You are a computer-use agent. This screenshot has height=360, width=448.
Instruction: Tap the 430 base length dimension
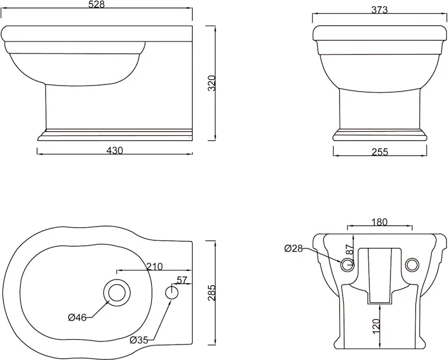click(115, 151)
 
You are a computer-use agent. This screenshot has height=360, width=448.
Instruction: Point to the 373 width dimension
click(380, 10)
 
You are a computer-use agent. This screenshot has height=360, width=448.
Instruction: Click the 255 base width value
click(380, 152)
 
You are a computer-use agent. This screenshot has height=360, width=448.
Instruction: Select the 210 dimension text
click(155, 266)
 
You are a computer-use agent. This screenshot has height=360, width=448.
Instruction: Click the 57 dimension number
click(182, 280)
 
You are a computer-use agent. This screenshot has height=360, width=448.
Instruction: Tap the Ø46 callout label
click(78, 317)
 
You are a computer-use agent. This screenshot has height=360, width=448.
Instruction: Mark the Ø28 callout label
click(293, 248)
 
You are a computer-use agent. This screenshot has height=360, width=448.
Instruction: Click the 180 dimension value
click(380, 222)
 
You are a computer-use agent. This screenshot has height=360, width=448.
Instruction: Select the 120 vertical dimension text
click(377, 326)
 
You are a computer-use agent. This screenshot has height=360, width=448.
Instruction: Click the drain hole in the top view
click(117, 293)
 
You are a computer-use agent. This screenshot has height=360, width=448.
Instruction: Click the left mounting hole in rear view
click(347, 265)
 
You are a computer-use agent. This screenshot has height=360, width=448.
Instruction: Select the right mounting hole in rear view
click(412, 265)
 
